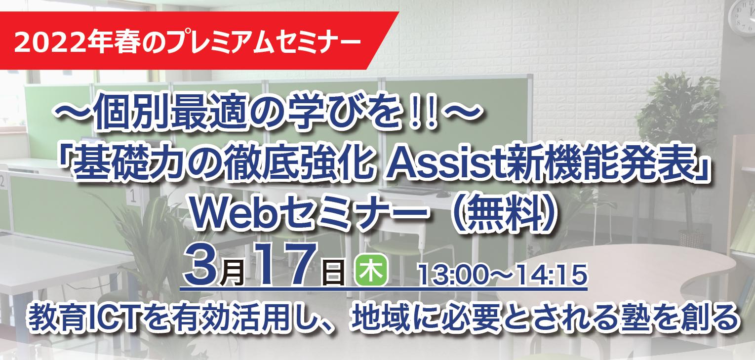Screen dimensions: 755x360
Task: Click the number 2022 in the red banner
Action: click(x=49, y=42)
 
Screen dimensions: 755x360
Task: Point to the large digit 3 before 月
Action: click(x=201, y=265)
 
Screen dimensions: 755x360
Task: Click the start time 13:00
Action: click(x=452, y=275)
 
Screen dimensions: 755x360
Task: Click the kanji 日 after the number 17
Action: click(x=334, y=272)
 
